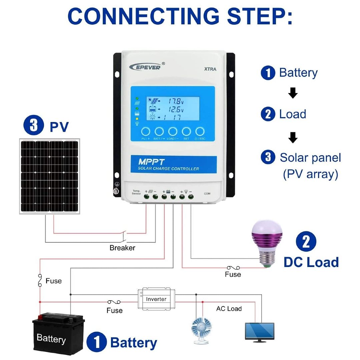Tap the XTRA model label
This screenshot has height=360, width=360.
pyautogui.click(x=210, y=69)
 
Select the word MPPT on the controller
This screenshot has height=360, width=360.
pyautogui.click(x=152, y=162)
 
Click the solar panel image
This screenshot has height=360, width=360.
pyautogui.click(x=49, y=176)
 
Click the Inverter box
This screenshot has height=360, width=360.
pyautogui.click(x=156, y=299)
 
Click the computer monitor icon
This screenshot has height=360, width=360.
pyautogui.click(x=259, y=331)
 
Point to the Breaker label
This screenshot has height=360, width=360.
pyautogui.click(x=122, y=248)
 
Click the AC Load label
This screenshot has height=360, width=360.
pyautogui.click(x=229, y=309)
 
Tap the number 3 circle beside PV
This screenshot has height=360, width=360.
pyautogui.click(x=34, y=126)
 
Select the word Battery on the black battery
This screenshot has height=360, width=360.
pyautogui.click(x=51, y=339)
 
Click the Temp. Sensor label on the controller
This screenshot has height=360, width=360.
pyautogui.click(x=137, y=192)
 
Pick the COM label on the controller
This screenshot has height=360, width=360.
pyautogui.click(x=207, y=193)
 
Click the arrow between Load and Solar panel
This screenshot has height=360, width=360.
pyautogui.click(x=293, y=137)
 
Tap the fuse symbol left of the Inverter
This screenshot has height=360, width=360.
pyautogui.click(x=114, y=302)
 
